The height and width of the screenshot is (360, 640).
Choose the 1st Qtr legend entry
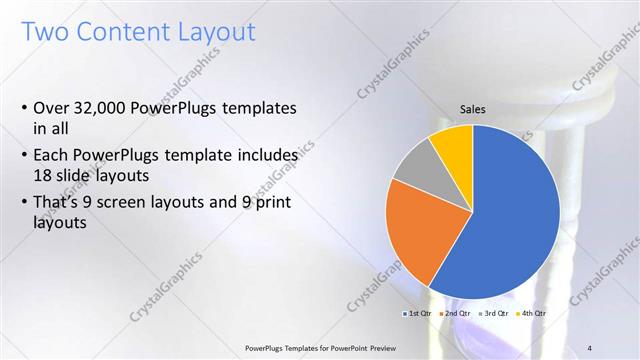pyautogui.click(x=418, y=314)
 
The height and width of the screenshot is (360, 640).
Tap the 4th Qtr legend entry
pyautogui.click(x=533, y=314)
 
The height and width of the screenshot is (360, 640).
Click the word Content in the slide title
pyautogui.click(x=127, y=32)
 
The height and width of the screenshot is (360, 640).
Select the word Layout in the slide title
pyautogui.click(x=216, y=32)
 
